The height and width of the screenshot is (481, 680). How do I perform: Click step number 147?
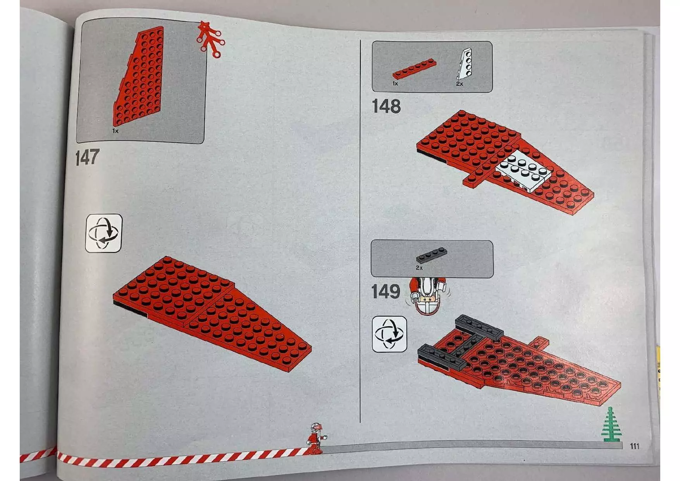(x=87, y=157)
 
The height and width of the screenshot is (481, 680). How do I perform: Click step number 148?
(x=386, y=106)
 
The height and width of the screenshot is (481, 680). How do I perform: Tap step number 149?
(x=385, y=292)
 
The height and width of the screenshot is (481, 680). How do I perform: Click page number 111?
(x=634, y=446)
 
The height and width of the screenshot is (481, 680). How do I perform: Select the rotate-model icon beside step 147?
(x=103, y=233)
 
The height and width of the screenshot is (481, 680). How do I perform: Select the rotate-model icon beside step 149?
(x=389, y=334)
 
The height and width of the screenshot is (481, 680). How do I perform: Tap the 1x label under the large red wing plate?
(x=115, y=131)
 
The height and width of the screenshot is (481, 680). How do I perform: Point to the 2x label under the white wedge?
(x=460, y=84)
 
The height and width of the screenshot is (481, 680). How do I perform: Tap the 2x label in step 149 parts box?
(x=419, y=268)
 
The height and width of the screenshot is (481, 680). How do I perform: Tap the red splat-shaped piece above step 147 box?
(x=209, y=38)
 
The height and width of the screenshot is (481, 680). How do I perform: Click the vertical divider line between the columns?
(x=360, y=233)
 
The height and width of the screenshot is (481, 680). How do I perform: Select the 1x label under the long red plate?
(x=395, y=84)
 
